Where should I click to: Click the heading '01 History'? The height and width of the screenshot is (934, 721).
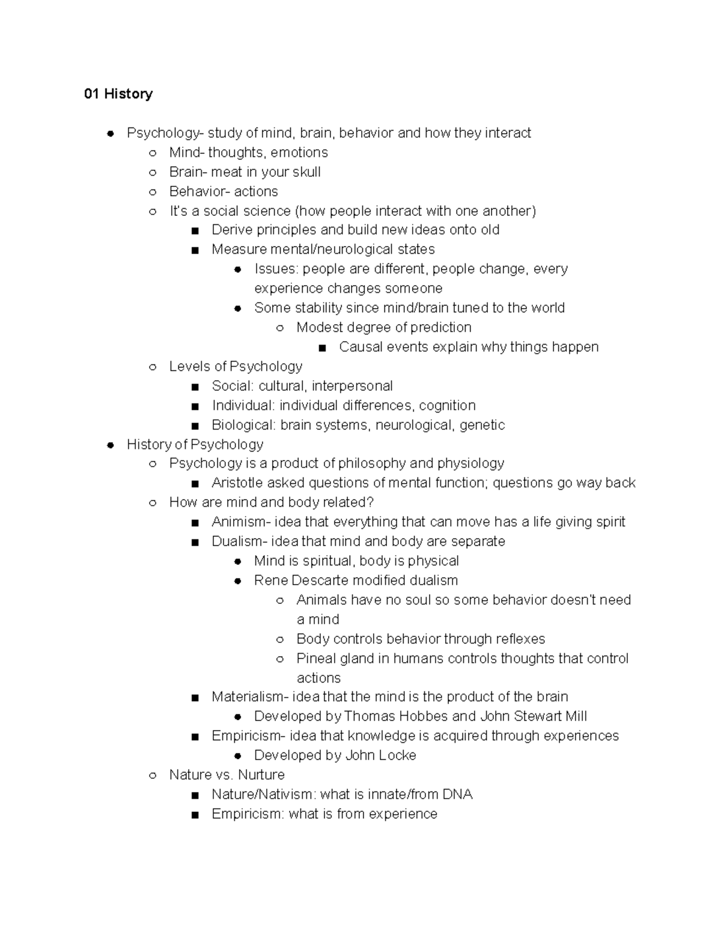[x=118, y=94]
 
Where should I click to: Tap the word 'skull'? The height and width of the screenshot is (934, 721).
[x=306, y=172]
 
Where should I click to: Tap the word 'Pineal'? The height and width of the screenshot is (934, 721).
[x=315, y=659]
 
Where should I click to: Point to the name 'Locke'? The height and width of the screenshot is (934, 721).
[x=397, y=755]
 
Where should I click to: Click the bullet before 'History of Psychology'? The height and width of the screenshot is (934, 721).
[x=111, y=445]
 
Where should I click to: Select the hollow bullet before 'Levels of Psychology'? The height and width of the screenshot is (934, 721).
[x=153, y=367]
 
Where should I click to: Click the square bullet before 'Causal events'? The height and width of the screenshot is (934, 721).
[x=323, y=348]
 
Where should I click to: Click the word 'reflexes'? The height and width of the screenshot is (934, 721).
[x=520, y=639]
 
